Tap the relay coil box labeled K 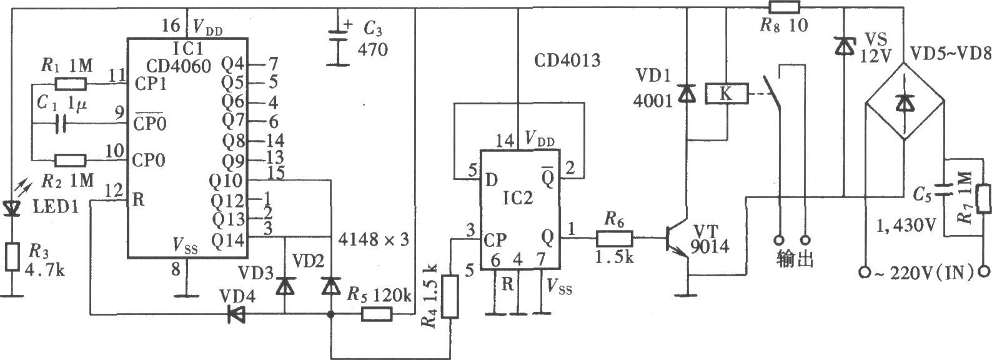pyautogui.click(x=727, y=94)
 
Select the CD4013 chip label pyautogui.click(x=567, y=60)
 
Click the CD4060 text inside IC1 pyautogui.click(x=179, y=66)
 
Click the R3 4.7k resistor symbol pyautogui.click(x=12, y=256)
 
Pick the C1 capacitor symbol pyautogui.click(x=61, y=124)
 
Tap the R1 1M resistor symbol pyautogui.click(x=71, y=84)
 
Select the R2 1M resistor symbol pyautogui.click(x=71, y=161)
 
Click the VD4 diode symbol pyautogui.click(x=237, y=314)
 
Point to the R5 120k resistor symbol pyautogui.click(x=377, y=314)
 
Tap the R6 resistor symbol pyautogui.click(x=615, y=239)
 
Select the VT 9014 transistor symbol pyautogui.click(x=675, y=239)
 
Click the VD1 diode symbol pyautogui.click(x=687, y=93)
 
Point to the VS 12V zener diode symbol pyautogui.click(x=845, y=46)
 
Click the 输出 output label pyautogui.click(x=795, y=260)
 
